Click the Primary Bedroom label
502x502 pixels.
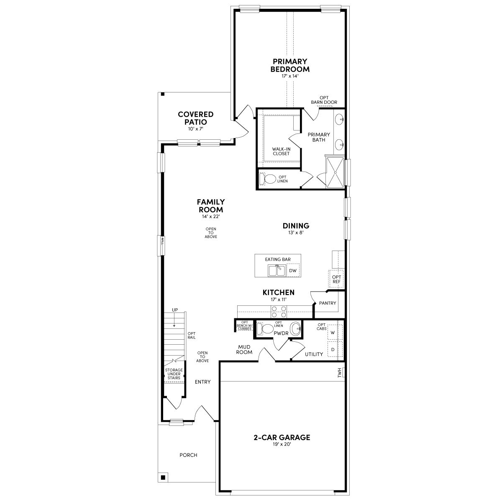pyautogui.click(x=290, y=65)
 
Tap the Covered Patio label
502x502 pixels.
pyautogui.click(x=195, y=118)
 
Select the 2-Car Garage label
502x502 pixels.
pyautogui.click(x=282, y=438)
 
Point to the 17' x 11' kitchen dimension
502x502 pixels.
pyautogui.click(x=278, y=300)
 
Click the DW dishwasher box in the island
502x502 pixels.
pyautogui.click(x=293, y=271)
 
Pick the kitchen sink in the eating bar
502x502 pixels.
pyautogui.click(x=277, y=270)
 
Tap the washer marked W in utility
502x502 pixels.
pyautogui.click(x=333, y=333)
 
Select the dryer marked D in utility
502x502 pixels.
pyautogui.click(x=333, y=349)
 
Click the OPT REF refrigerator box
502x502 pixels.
pyautogui.click(x=336, y=279)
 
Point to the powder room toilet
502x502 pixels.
pyautogui.click(x=265, y=328)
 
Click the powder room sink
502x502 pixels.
pyautogui.click(x=295, y=328)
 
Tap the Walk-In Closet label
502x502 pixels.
pyautogui.click(x=281, y=151)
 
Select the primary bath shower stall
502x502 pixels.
pyautogui.click(x=335, y=172)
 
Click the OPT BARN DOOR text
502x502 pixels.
pyautogui.click(x=324, y=100)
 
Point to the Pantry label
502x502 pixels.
pyautogui.click(x=327, y=303)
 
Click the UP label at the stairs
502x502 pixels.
pyautogui.click(x=175, y=310)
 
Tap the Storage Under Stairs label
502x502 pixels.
pyautogui.click(x=174, y=374)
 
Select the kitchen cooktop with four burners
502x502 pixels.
pyautogui.click(x=279, y=312)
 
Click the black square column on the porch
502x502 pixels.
pyautogui.click(x=163, y=477)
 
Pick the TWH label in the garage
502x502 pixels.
pyautogui.click(x=340, y=372)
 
